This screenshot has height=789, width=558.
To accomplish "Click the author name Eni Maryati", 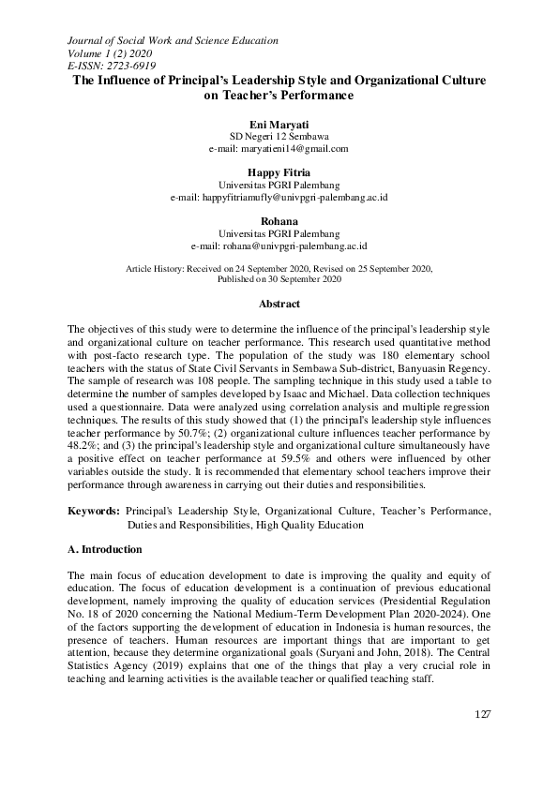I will [279, 123].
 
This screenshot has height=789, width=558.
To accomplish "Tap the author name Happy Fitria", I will [279, 172].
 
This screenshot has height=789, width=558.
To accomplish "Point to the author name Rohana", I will [279, 221].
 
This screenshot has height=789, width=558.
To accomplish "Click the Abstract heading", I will [279, 305].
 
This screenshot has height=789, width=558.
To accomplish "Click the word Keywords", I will [93, 512].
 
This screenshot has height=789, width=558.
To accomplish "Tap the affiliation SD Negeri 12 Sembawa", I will [279, 136].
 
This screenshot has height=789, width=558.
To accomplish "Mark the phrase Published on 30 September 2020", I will [279, 280].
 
